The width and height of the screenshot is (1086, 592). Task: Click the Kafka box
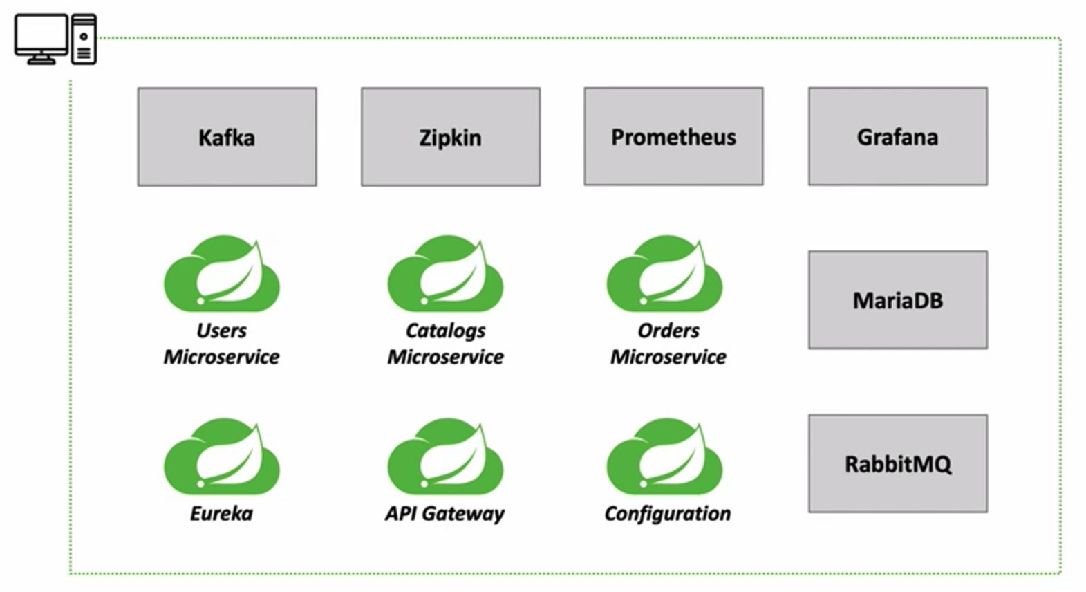pos(227,137)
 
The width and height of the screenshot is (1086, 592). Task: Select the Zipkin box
pos(450,137)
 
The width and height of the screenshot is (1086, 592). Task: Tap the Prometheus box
pos(673,136)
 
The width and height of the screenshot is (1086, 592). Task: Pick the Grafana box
pos(897,136)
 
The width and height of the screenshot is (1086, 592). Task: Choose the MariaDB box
pos(897,300)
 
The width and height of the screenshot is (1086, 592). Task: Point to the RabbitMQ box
pos(897,463)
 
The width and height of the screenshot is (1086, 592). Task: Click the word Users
pos(221,331)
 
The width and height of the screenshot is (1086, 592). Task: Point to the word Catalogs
pos(445,331)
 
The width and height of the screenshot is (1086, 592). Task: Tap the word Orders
pos(668,331)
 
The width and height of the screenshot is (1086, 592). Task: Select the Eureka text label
pos(221,514)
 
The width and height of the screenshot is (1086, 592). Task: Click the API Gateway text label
pos(444,514)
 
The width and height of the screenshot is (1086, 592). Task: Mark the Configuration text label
pos(667,514)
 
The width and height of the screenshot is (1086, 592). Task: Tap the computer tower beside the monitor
pos(84,39)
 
